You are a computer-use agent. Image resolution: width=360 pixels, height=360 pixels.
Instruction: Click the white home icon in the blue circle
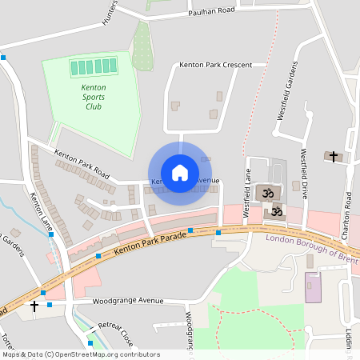179,173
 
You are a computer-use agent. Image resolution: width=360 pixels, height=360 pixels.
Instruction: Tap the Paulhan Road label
211,11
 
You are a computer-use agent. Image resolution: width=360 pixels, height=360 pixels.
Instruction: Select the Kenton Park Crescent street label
215,65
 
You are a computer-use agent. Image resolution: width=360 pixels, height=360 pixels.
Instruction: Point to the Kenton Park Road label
81,162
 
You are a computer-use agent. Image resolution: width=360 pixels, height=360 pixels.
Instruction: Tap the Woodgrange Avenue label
127,302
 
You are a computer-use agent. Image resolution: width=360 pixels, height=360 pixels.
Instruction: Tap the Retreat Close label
115,334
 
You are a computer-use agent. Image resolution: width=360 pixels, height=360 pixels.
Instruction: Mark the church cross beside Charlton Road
333,155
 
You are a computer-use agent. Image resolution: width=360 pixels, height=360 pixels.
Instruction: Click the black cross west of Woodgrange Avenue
34,306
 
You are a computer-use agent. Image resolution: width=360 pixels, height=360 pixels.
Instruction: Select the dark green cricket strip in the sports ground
96,66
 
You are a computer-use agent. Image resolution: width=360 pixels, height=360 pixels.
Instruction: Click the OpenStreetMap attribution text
80,354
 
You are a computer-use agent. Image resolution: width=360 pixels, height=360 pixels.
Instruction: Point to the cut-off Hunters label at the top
110,11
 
